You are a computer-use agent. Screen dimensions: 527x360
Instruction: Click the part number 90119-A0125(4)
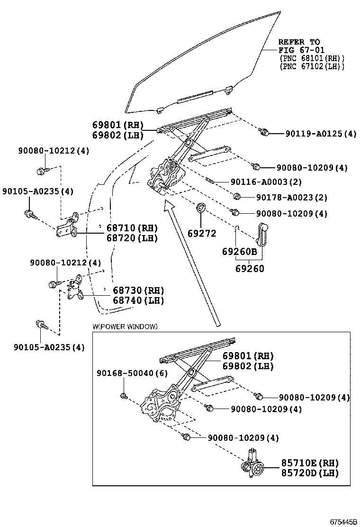pos(320,134)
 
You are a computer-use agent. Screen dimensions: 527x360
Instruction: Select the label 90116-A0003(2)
pos(266,182)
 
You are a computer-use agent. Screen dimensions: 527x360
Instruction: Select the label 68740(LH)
pos(138,300)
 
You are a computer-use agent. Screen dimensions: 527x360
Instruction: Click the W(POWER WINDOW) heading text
pos(125,327)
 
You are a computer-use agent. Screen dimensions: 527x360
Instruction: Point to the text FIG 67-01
pos(299,50)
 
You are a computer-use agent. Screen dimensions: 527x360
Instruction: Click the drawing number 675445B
pos(343,521)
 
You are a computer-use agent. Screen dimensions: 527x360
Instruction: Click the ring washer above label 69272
pos(200,208)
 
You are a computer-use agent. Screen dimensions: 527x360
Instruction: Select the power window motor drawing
pos(254,465)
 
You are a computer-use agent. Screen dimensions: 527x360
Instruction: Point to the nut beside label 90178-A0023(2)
pos(238,196)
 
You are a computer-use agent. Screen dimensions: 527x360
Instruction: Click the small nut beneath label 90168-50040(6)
pos(123,396)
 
